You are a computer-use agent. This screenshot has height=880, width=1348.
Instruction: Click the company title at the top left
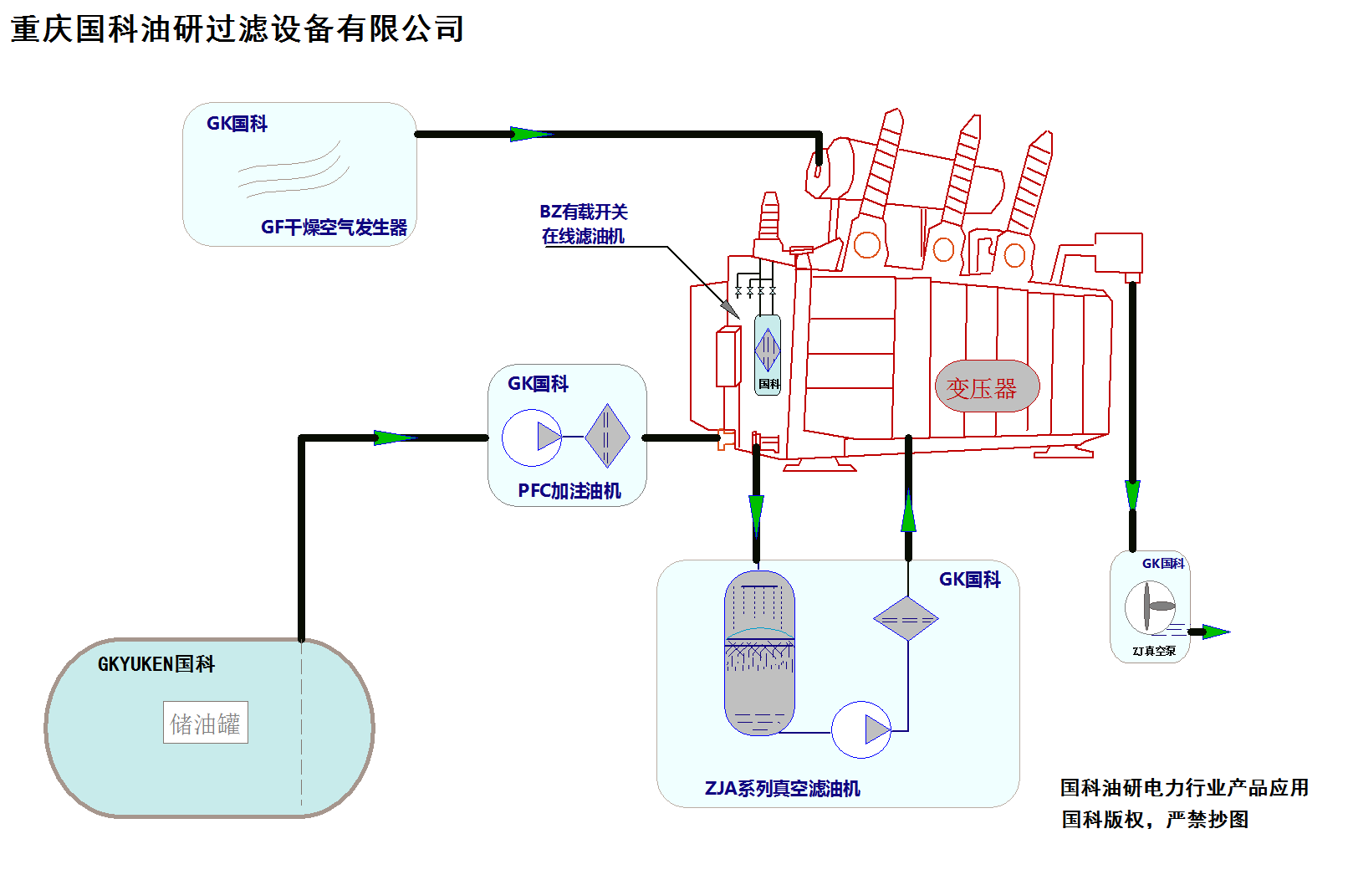tap(237, 29)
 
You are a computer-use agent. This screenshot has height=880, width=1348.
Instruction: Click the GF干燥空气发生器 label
tap(334, 227)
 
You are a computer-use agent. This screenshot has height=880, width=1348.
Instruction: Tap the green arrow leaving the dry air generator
tap(529, 134)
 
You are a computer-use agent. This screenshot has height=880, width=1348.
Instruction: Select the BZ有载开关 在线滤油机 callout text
tap(583, 224)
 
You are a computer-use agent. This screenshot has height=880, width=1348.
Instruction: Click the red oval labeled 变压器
tap(987, 386)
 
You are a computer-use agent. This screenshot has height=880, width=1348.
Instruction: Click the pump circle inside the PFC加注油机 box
tap(532, 437)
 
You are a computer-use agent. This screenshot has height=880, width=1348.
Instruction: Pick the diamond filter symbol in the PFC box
tap(606, 436)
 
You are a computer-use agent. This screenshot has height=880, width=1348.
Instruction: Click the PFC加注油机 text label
tap(569, 491)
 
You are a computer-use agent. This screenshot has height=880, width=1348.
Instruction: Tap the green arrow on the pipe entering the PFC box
tap(393, 437)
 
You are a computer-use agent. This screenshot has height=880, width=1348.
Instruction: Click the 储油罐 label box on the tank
tap(206, 723)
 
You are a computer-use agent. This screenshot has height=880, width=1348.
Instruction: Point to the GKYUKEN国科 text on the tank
tap(156, 664)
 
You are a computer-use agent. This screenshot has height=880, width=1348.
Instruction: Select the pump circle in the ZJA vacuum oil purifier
tap(861, 729)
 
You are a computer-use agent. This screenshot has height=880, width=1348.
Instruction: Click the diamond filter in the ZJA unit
tap(906, 619)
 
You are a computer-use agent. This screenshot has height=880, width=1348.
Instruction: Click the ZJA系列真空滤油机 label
tap(782, 788)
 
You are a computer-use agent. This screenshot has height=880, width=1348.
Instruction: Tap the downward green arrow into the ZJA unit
tap(756, 512)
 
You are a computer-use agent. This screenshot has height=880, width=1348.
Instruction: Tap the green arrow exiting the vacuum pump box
tap(1214, 632)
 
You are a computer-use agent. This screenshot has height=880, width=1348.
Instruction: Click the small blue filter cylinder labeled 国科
tap(768, 353)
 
